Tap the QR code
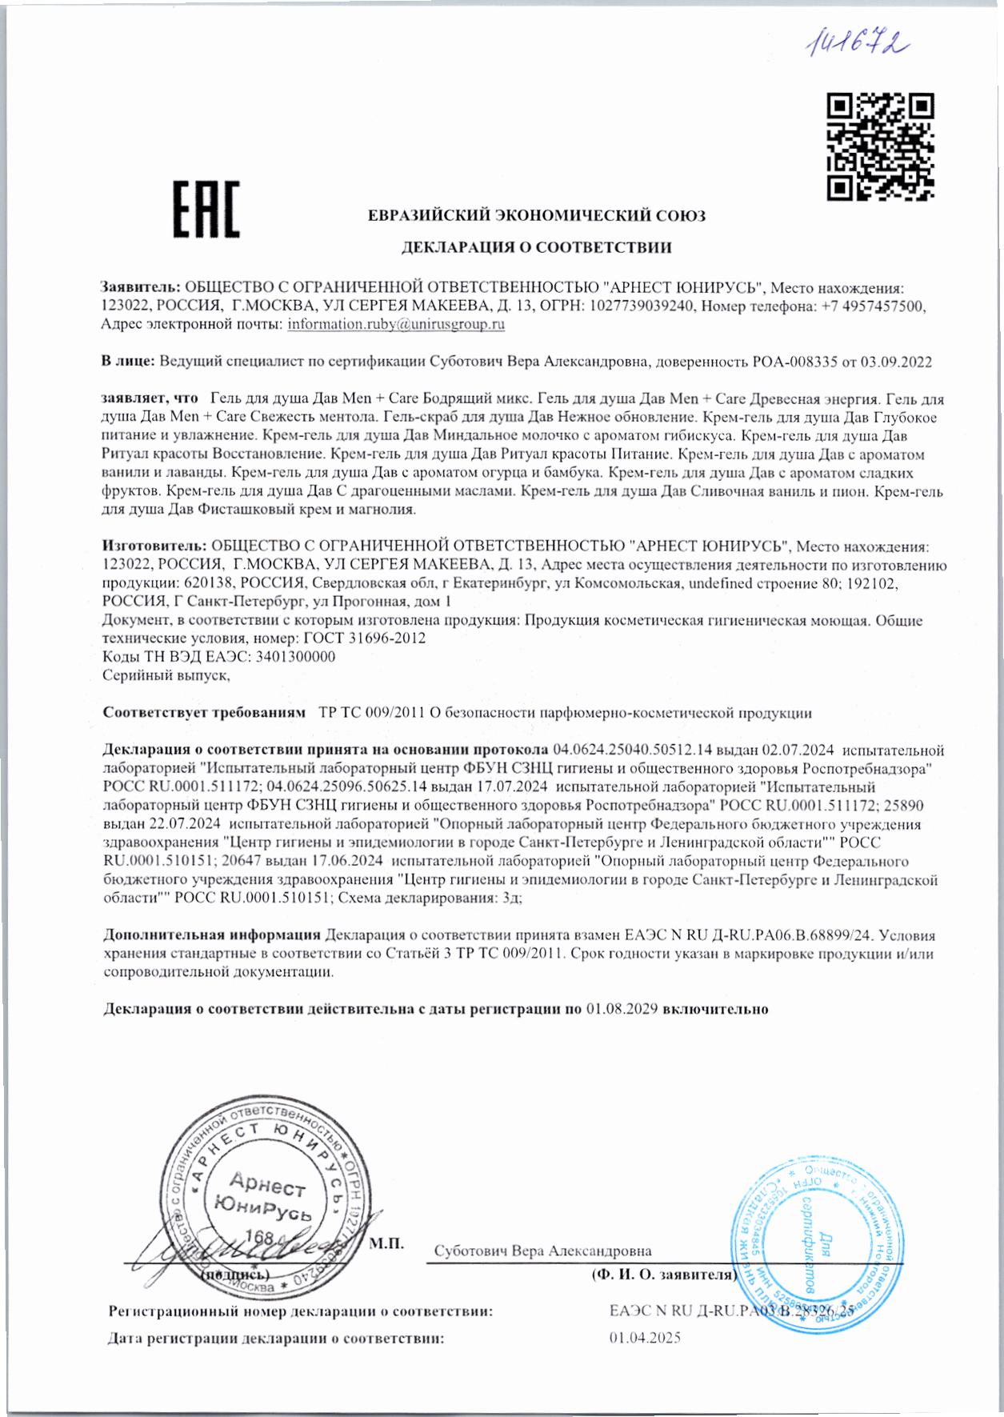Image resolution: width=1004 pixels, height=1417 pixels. (x=880, y=146)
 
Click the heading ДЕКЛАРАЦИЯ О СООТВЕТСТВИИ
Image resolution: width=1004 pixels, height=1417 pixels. (x=536, y=247)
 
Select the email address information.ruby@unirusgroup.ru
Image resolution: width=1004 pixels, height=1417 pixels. (x=396, y=324)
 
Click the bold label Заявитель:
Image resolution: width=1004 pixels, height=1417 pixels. (x=141, y=286)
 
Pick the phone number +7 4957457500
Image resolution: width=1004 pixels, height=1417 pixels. (x=873, y=306)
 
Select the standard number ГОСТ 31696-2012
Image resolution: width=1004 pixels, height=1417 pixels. (x=365, y=638)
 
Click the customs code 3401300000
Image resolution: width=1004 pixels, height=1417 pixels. (x=294, y=657)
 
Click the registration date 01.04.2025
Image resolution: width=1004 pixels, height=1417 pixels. (x=645, y=1338)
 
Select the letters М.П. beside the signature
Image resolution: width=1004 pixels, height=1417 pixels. (x=386, y=1243)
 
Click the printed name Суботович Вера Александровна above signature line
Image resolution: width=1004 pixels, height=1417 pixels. (x=542, y=1251)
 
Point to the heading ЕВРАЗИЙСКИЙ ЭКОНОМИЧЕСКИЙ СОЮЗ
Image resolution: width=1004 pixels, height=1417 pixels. (x=536, y=215)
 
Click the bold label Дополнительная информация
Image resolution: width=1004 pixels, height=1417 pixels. (x=212, y=935)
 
